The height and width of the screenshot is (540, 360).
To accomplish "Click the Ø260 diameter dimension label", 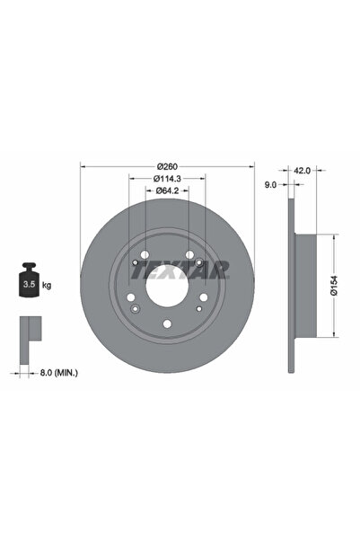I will click(x=167, y=166).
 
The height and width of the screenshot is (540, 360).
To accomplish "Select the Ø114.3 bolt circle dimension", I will click(x=167, y=178).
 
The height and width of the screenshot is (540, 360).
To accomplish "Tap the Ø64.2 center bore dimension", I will click(x=167, y=190).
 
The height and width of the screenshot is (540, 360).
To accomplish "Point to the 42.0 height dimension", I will click(x=302, y=169).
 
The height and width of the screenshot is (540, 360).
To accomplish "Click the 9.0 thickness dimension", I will click(x=270, y=186).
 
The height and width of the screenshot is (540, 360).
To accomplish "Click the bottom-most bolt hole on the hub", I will click(x=167, y=325).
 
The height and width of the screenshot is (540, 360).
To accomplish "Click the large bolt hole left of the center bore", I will click(x=131, y=300).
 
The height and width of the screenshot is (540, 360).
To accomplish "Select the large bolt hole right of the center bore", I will click(x=203, y=300).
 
